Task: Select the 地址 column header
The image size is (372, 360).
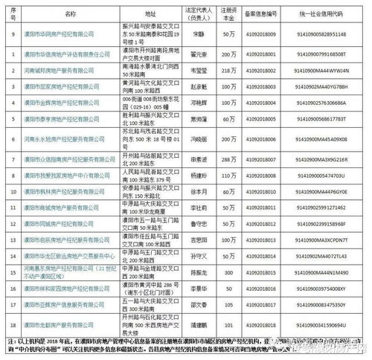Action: [x=151, y=13]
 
